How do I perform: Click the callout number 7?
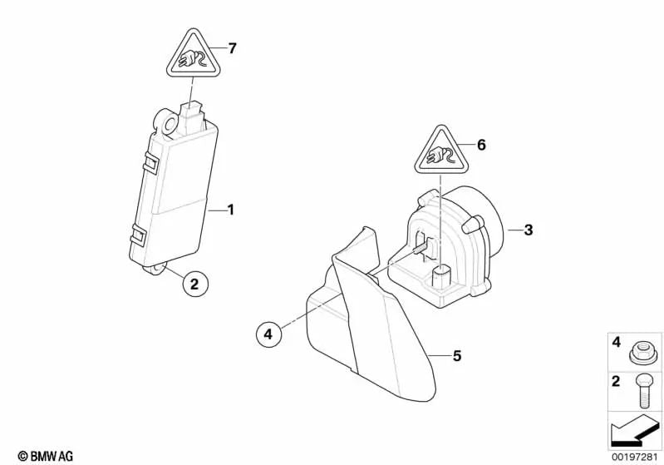coord(233,48)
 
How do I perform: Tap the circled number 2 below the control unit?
coord(194,284)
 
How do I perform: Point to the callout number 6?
coord(480,144)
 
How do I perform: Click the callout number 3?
coord(529,230)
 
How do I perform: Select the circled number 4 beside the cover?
coord(268,334)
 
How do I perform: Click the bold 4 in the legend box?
coord(616,342)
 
